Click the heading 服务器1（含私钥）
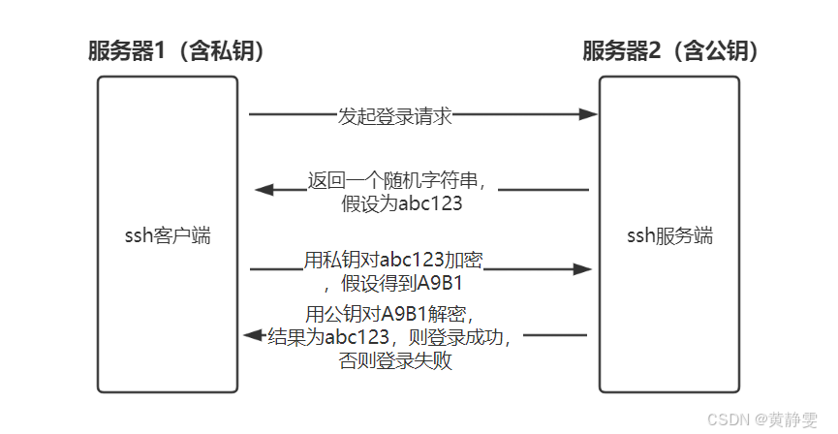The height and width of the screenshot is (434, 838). pos(177,51)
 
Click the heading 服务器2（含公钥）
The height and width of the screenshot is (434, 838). pos(670,51)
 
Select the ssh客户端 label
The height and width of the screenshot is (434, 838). pos(169,235)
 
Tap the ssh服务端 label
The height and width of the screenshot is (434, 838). pos(669,235)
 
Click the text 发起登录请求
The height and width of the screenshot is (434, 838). pos(394,115)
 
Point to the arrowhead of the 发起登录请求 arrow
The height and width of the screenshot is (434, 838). pos(588,114)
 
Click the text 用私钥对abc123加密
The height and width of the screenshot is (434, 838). pos(393,261)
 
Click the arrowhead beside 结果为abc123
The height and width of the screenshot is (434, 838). pos(250,335)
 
